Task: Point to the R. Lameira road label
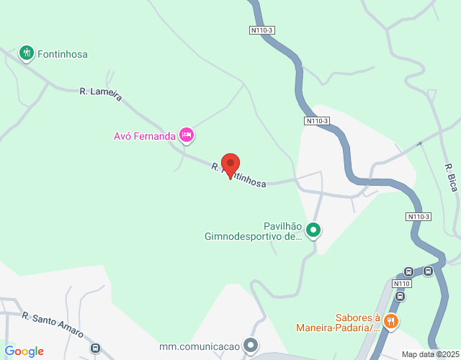pyautogui.click(x=101, y=94)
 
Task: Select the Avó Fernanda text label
pyautogui.click(x=145, y=135)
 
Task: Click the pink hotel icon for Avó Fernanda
pyautogui.click(x=187, y=135)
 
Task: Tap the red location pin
pyautogui.click(x=230, y=166)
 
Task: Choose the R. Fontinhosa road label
pyautogui.click(x=239, y=176)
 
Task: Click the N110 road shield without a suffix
pyautogui.click(x=402, y=284)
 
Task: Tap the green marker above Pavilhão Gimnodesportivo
pyautogui.click(x=313, y=230)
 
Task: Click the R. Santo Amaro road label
pyautogui.click(x=53, y=325)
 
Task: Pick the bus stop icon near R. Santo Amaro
pyautogui.click(x=95, y=348)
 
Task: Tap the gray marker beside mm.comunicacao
pyautogui.click(x=250, y=346)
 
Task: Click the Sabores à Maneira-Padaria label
pyautogui.click(x=338, y=323)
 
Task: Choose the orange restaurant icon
pyautogui.click(x=391, y=321)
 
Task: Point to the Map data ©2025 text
pyautogui.click(x=430, y=354)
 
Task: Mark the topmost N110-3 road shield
pyautogui.click(x=263, y=30)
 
